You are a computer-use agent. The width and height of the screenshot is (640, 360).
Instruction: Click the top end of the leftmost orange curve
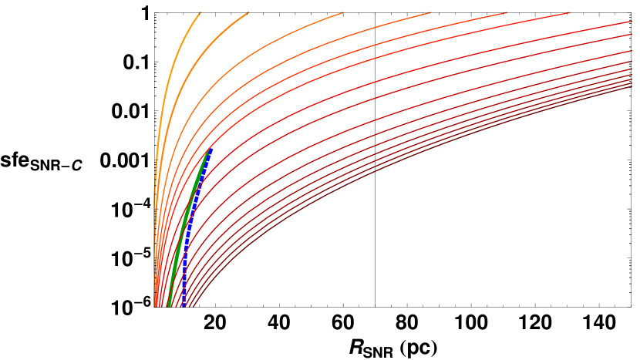coord(200,12)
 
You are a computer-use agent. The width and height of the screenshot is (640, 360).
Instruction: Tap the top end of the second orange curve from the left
coord(248,12)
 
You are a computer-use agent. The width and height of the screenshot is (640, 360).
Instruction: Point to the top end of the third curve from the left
coord(342,12)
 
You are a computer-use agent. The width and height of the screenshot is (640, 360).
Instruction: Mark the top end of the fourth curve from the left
coord(429,12)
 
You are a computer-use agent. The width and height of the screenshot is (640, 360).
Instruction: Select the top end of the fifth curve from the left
coord(506,12)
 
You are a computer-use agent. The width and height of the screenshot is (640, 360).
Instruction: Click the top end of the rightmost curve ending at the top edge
coord(569,12)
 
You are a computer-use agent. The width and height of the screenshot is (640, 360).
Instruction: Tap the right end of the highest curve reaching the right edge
coord(632,22)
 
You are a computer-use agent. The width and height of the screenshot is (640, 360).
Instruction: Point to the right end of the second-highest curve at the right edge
coord(632,35)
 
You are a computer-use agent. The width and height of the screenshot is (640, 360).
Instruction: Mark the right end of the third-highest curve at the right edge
coord(632,50)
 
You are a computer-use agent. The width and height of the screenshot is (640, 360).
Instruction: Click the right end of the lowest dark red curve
coord(632,87)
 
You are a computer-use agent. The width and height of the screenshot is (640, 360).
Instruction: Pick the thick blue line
coord(193,224)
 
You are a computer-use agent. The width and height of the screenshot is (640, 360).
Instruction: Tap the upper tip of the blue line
coord(211,148)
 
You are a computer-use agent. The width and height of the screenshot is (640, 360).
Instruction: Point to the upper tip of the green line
coord(207,152)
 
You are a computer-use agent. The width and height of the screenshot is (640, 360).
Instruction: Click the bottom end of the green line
coord(169,307)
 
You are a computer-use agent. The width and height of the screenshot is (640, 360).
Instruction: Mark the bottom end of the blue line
coord(181,307)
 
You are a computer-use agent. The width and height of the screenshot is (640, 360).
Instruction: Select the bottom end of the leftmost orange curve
coord(154,307)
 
